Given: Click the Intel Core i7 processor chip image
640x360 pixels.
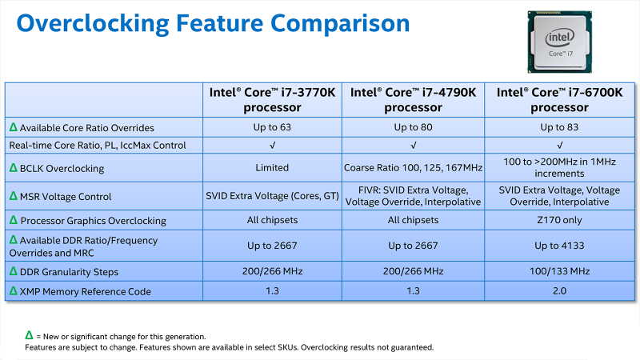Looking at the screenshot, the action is click(x=559, y=42).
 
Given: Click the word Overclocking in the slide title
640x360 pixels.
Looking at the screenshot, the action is click(x=93, y=24).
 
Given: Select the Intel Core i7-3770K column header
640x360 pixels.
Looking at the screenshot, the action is click(x=272, y=99).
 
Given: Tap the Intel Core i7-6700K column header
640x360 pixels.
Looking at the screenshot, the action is click(x=559, y=99).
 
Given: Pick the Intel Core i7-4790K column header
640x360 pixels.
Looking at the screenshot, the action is click(x=413, y=99).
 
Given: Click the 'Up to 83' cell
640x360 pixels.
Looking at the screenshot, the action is click(x=559, y=127).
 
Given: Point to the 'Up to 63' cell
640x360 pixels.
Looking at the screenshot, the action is click(x=272, y=127).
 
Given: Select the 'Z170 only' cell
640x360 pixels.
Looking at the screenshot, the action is click(x=559, y=220).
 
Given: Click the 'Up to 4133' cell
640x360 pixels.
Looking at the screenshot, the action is click(x=559, y=246).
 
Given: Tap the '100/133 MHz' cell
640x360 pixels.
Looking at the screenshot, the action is click(x=559, y=271).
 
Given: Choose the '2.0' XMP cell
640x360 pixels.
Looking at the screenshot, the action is click(x=559, y=290).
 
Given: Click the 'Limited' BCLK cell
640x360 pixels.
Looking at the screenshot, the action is click(x=272, y=167).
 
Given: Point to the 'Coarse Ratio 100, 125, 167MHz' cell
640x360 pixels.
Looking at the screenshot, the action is click(x=413, y=168).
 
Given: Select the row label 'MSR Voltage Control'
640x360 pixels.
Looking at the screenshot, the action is click(x=66, y=197).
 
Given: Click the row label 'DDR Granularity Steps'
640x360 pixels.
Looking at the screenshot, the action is click(x=69, y=272).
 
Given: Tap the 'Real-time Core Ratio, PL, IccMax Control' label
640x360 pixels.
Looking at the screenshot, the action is click(x=98, y=146).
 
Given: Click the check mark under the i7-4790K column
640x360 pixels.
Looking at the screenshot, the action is click(x=414, y=146).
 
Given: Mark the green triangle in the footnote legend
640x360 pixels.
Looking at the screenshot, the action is click(x=29, y=335).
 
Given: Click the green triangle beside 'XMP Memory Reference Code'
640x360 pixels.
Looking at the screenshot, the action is click(x=14, y=290).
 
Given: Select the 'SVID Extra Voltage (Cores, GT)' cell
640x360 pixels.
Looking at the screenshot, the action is click(x=272, y=196).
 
